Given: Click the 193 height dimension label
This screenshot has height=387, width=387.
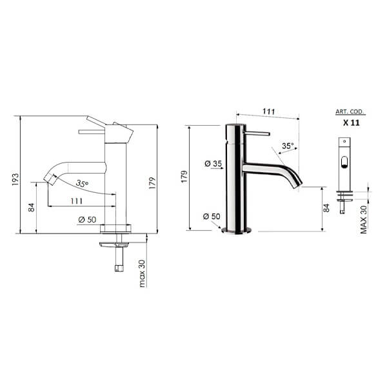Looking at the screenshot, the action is click(15, 179).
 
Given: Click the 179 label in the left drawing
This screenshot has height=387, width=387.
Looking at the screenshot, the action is click(152, 183).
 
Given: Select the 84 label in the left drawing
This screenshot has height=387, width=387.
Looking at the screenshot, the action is click(32, 208).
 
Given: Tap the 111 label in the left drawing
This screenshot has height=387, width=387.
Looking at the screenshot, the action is click(77, 201).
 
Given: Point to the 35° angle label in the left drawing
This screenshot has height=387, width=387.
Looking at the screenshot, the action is click(82, 183).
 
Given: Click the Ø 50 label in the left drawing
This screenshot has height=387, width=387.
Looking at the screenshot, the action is click(87, 219).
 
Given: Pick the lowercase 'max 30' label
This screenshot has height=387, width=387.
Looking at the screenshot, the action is click(142, 273).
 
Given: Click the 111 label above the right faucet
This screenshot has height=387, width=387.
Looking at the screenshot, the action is click(268, 112).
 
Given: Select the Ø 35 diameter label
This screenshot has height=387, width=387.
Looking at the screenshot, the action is click(213, 164).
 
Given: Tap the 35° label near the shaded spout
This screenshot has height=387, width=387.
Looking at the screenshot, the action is click(288, 146).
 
